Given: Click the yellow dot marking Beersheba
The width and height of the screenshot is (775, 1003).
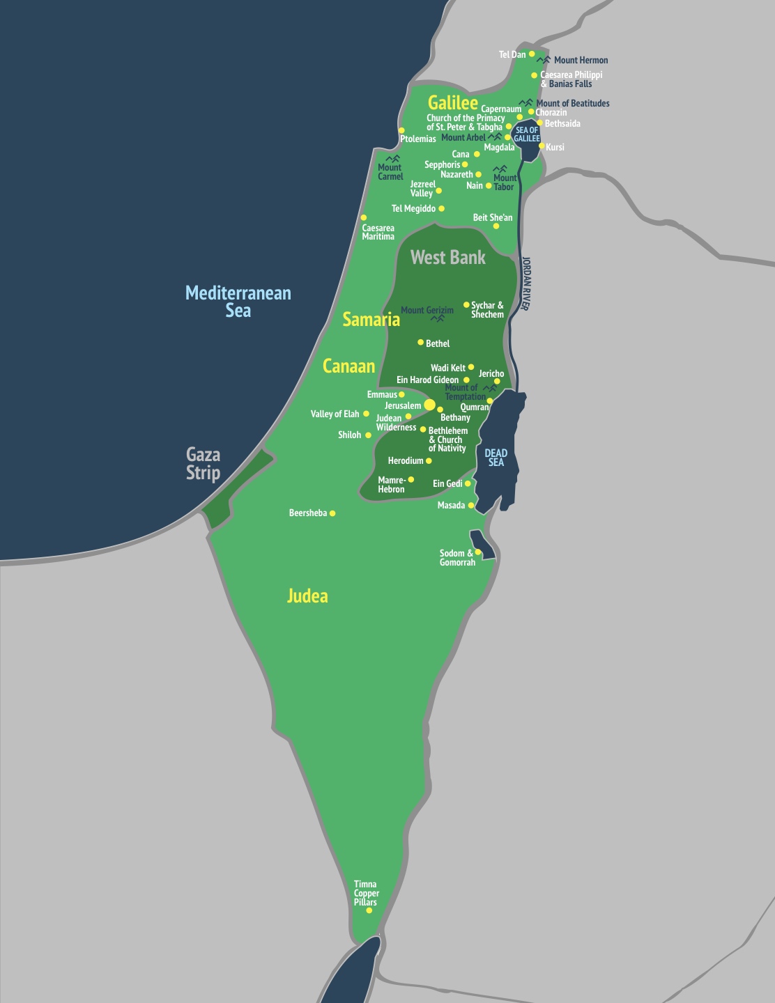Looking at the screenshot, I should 332,513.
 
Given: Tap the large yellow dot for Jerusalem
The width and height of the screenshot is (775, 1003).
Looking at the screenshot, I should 430,405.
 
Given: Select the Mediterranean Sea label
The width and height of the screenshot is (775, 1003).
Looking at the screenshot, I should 238,302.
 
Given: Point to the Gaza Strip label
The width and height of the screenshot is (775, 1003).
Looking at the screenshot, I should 203,464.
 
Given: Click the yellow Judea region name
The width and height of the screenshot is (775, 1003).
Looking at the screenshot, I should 307,596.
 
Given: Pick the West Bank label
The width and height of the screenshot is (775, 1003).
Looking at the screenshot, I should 448,258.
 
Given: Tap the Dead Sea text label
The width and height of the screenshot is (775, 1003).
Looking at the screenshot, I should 496,458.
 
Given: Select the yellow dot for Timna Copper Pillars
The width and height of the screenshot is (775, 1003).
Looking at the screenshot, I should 369,910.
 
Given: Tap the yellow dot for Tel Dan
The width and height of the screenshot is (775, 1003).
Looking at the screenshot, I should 532,54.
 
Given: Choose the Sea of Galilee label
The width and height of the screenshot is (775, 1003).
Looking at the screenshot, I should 527,134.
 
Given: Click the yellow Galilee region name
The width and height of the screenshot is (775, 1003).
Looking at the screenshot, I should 453,103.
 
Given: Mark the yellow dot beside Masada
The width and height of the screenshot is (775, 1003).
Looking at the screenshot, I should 471,506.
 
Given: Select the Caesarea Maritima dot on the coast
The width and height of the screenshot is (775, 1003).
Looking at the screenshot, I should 363,218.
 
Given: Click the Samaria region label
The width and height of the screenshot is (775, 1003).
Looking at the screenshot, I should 371,320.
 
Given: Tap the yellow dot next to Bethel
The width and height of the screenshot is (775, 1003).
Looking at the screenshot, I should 420,343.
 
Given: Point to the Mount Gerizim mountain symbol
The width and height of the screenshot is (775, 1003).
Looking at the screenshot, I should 438,318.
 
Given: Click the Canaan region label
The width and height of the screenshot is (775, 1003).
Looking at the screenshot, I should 348,366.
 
